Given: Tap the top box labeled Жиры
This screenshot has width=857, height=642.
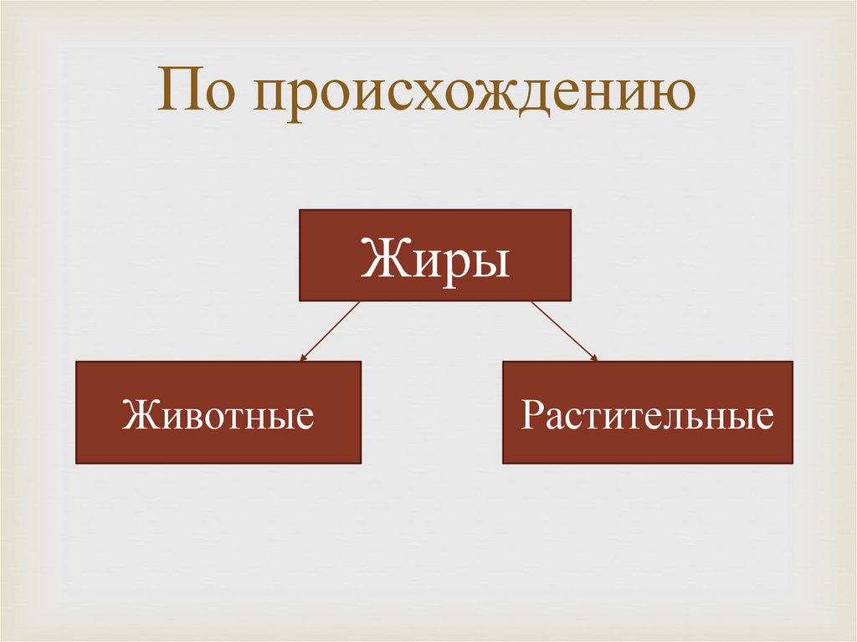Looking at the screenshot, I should pos(435,255).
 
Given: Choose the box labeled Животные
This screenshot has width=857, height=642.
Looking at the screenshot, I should pos(218,412).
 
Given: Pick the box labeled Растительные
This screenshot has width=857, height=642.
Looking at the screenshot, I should pos(647,412).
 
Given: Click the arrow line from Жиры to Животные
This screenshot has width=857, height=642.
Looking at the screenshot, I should pos(331,331).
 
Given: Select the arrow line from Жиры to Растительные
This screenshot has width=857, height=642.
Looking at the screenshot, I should pos(563,331).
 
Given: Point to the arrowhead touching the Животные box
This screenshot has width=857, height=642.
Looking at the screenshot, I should pos(303,357).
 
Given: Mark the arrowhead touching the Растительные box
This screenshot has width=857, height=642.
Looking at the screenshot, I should pos(595,357).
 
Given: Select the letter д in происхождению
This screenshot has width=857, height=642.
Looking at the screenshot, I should pos(524,99).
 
